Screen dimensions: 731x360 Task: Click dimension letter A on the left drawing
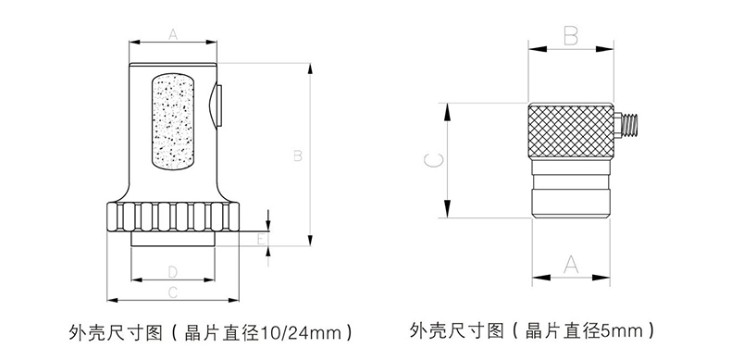(x=173, y=34)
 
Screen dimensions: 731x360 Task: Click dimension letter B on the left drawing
(x=297, y=155)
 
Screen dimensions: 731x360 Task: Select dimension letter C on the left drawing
(x=173, y=292)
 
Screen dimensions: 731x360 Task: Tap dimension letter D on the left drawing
(x=173, y=272)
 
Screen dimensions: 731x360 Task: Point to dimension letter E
(x=263, y=239)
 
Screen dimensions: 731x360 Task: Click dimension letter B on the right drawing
(x=571, y=35)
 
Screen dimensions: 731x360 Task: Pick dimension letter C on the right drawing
(x=434, y=160)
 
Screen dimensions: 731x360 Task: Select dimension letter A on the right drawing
(x=571, y=265)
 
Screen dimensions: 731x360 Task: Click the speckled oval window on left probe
(x=173, y=121)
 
